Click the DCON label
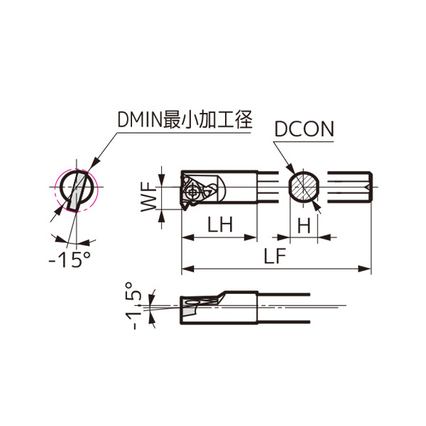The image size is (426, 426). click(x=304, y=129)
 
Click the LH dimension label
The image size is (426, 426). click(x=220, y=224)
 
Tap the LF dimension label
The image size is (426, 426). click(x=275, y=256)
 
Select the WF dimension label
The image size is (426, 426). click(x=148, y=197)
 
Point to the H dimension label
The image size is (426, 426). click(x=304, y=225)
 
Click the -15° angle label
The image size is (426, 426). click(x=70, y=260)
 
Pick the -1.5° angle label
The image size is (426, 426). click(x=133, y=305)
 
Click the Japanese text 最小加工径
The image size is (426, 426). click(x=207, y=119)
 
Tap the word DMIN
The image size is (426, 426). click(x=140, y=120)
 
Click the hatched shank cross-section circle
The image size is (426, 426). click(x=303, y=187)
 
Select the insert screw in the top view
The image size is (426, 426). click(x=193, y=192)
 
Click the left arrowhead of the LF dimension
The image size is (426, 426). click(x=187, y=269)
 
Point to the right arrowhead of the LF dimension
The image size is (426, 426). click(x=365, y=269)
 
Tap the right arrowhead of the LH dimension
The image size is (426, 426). click(x=251, y=237)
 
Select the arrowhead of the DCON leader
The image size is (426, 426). click(x=290, y=168)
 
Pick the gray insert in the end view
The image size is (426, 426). click(x=77, y=192)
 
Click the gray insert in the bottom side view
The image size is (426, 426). click(x=189, y=310)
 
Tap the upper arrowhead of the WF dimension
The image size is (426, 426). click(x=162, y=180)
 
